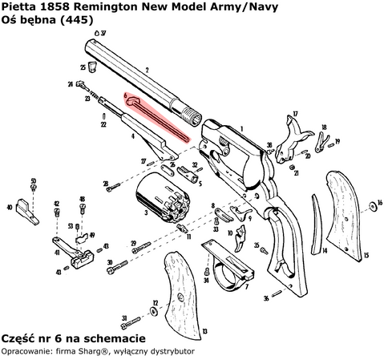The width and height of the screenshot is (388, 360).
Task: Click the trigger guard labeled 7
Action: click(232, 269)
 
